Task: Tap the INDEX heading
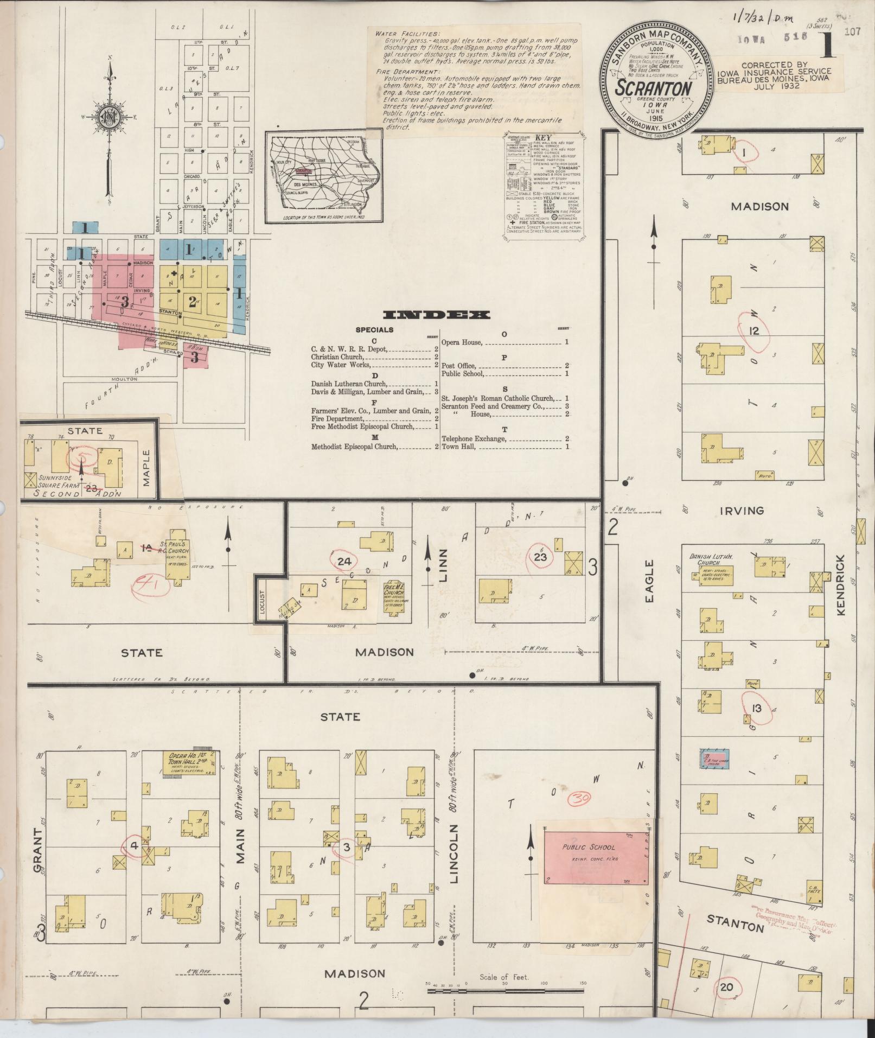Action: pos(436,315)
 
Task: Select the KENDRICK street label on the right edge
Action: pos(841,585)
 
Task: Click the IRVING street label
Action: pos(743,511)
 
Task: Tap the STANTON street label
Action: pos(736,922)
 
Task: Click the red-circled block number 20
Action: pos(726,988)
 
